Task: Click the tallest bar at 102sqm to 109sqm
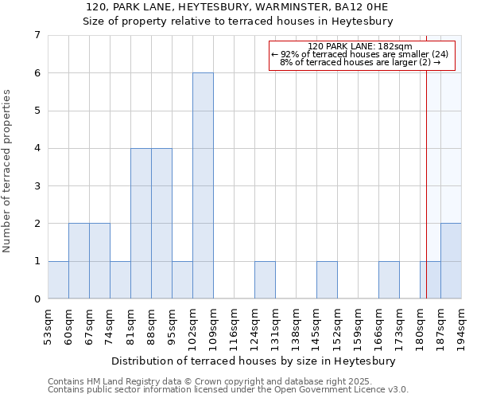pyautogui.click(x=203, y=185)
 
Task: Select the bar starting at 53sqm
pyautogui.click(x=58, y=279)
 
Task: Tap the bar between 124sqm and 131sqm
pyautogui.click(x=265, y=279)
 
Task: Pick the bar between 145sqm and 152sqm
pyautogui.click(x=327, y=279)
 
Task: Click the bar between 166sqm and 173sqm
pyautogui.click(x=389, y=279)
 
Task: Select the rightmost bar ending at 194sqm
pyautogui.click(x=451, y=261)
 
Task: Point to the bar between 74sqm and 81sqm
pyautogui.click(x=120, y=279)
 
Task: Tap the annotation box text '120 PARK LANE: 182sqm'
pyautogui.click(x=359, y=46)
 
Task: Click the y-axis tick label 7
pyautogui.click(x=37, y=35)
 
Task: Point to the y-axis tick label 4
pyautogui.click(x=37, y=148)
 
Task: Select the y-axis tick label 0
pyautogui.click(x=37, y=299)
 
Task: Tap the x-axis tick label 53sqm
pyautogui.click(x=48, y=325)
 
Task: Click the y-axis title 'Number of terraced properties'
pyautogui.click(x=8, y=171)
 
